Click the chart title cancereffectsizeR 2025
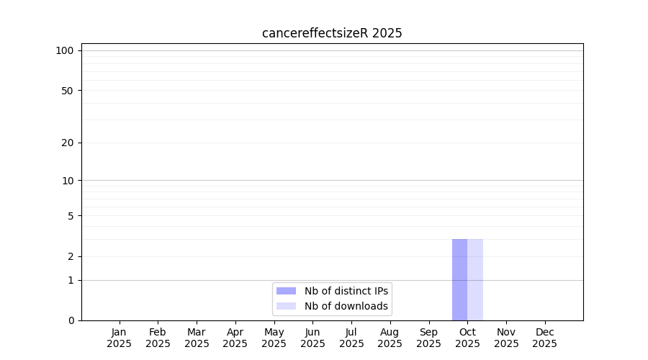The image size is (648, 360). (x=332, y=33)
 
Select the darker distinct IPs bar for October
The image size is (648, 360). (x=459, y=280)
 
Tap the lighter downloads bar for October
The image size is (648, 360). (x=475, y=280)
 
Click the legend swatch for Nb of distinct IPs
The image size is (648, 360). (x=286, y=291)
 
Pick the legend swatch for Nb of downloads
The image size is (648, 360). (x=286, y=306)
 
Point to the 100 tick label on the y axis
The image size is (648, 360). (x=65, y=51)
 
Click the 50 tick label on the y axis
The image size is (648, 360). (x=68, y=91)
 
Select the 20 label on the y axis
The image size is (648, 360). (x=68, y=143)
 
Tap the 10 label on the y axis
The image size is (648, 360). (x=68, y=181)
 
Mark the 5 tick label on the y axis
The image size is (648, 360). (x=71, y=216)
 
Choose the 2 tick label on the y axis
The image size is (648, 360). (x=71, y=256)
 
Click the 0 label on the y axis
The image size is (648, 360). (x=71, y=320)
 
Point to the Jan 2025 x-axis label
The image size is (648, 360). (x=119, y=338)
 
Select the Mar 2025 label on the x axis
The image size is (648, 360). (x=197, y=338)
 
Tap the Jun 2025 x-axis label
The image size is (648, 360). (x=313, y=338)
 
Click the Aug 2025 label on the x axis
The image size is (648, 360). (x=390, y=338)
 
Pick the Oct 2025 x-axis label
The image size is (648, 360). (x=467, y=338)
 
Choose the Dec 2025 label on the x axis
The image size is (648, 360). (x=545, y=338)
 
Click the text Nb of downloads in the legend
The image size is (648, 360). (x=346, y=306)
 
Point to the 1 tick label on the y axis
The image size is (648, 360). (x=71, y=281)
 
